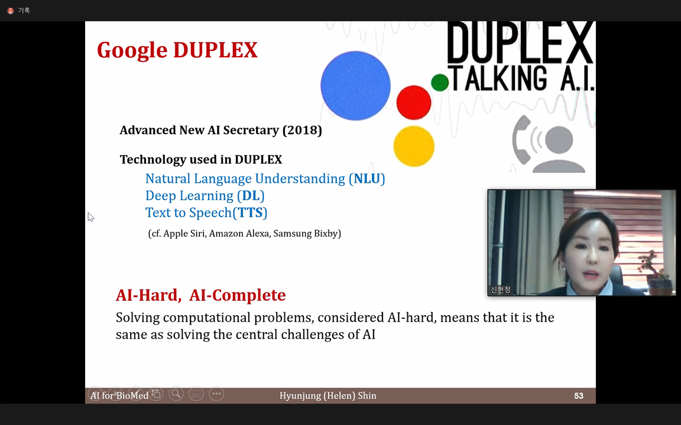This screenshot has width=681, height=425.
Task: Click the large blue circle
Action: tap(355, 86)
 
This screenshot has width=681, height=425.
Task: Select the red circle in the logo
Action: tap(413, 102)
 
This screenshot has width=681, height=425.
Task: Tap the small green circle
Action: tap(440, 83)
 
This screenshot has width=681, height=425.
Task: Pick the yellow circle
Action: tap(414, 146)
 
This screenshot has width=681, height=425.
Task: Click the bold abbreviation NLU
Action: tap(367, 179)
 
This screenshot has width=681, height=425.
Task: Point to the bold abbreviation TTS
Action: tap(250, 212)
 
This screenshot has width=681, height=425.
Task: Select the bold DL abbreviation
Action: tap(251, 195)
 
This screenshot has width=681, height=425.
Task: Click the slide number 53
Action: tap(579, 396)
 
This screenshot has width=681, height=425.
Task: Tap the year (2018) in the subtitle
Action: tap(302, 130)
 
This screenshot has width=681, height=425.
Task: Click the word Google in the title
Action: tap(132, 50)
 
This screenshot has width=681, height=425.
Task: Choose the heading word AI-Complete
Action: tap(238, 295)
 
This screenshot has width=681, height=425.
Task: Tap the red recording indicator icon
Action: tap(11, 11)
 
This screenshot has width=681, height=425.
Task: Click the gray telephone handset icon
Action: tap(521, 139)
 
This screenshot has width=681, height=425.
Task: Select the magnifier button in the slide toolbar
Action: tap(176, 394)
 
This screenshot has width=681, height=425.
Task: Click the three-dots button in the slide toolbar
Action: tap(216, 394)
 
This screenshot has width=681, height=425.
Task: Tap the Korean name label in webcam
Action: tap(500, 290)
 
